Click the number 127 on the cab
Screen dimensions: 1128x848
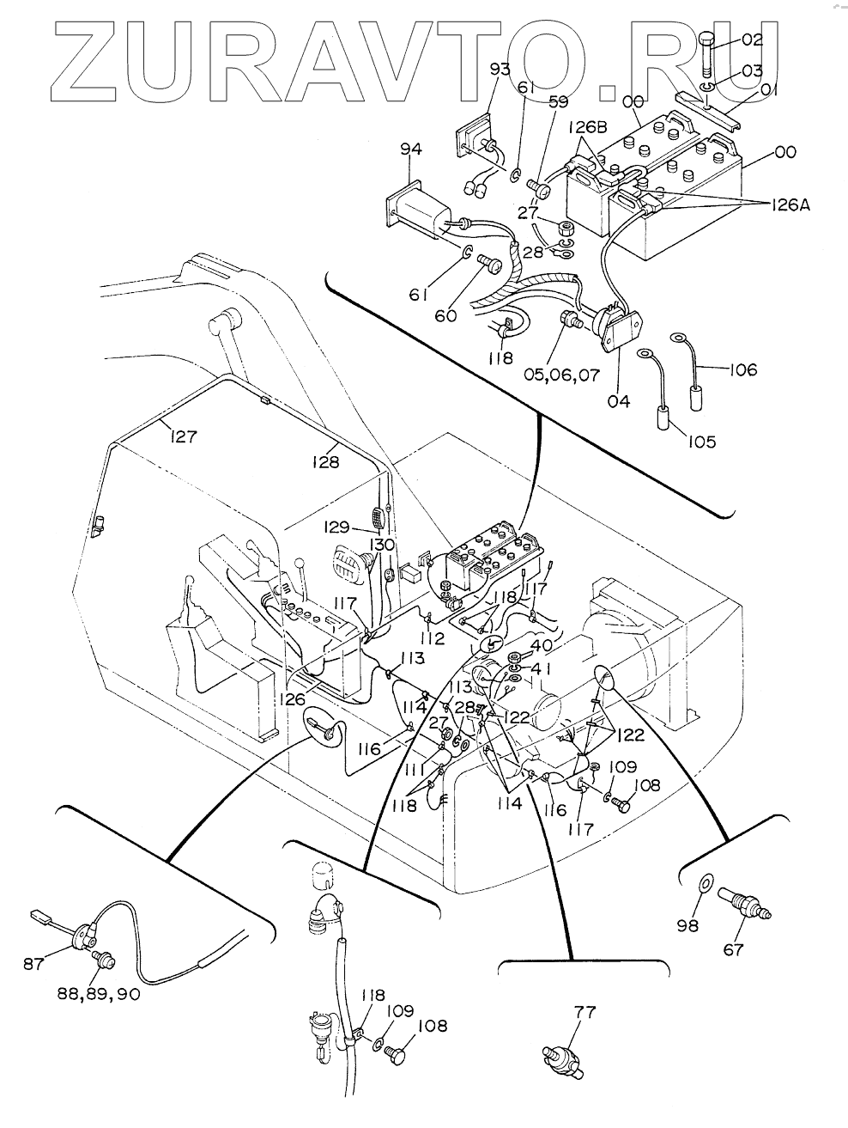click(x=183, y=436)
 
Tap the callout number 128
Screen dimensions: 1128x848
click(x=324, y=461)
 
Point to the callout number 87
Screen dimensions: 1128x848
click(x=33, y=964)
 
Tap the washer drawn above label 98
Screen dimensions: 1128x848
click(x=706, y=882)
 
